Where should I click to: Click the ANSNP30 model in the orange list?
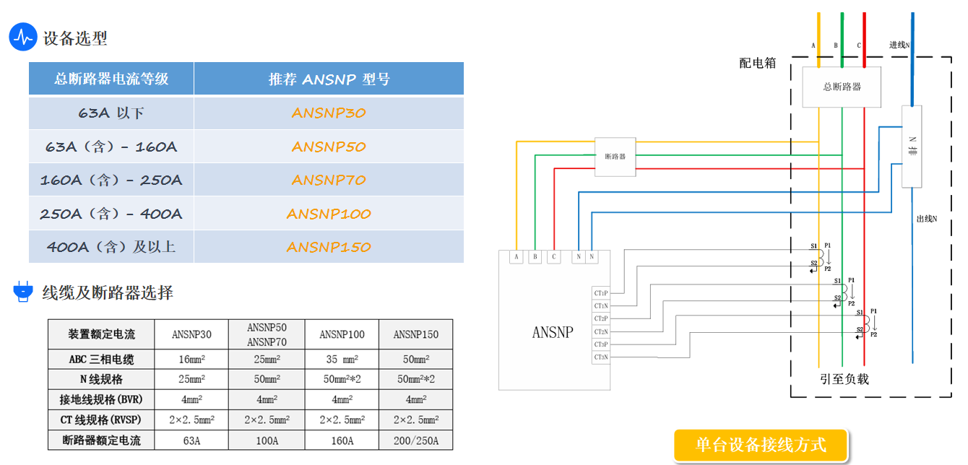(329, 113)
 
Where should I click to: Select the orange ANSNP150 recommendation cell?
(329, 247)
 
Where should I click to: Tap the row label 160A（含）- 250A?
(111, 180)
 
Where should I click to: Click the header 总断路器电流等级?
(111, 79)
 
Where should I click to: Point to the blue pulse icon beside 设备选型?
(23, 37)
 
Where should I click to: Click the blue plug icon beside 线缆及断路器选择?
(23, 292)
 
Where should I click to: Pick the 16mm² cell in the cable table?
(191, 359)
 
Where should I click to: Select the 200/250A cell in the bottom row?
(415, 440)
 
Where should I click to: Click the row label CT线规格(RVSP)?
(101, 420)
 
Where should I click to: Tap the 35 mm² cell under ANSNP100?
(342, 359)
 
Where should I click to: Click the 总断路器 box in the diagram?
(842, 87)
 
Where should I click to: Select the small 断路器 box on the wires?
(615, 157)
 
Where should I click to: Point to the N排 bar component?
(912, 147)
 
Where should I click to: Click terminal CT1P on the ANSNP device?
(600, 293)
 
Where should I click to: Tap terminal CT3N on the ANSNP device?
(600, 357)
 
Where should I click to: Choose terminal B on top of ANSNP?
(535, 256)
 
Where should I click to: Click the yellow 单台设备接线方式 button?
(761, 445)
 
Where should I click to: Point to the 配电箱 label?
(757, 64)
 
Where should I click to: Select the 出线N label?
(927, 218)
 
